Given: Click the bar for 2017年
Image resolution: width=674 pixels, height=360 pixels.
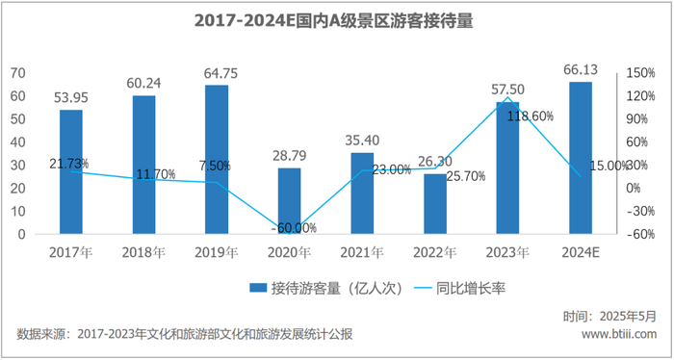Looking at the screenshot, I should point(71,171).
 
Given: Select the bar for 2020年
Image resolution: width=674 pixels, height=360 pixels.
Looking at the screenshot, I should point(290,200).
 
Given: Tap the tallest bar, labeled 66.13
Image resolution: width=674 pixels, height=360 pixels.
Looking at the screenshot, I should point(581,158).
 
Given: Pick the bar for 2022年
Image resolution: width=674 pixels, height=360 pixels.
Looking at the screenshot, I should point(435,203).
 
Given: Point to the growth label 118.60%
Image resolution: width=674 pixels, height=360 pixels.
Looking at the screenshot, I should point(530,116).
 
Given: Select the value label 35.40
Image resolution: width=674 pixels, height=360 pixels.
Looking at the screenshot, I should point(362,141).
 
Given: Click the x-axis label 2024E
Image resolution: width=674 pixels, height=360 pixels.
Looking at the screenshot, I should point(581,253).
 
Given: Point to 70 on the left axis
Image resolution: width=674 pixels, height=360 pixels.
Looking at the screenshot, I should point(17,72).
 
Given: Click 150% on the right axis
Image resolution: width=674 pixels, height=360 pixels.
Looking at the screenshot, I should point(640,72).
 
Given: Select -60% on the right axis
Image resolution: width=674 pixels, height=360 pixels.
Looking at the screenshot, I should point(640,234).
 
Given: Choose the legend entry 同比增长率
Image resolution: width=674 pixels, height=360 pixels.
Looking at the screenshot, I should point(468,288).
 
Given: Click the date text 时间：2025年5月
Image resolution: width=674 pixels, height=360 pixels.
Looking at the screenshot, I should point(610,316).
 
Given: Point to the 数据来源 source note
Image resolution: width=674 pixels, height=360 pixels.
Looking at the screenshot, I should point(185,333).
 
